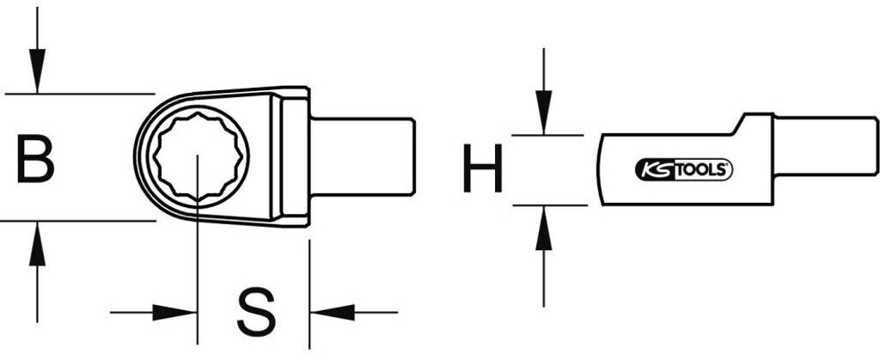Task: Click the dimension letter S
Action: pos(255,313)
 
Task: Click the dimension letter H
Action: pos(481,169)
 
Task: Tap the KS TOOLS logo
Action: pos(682,169)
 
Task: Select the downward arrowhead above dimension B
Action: pos(37,73)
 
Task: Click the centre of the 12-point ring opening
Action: pos(198,157)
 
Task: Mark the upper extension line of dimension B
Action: pos(77,92)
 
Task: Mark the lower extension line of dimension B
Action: pos(77,221)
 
